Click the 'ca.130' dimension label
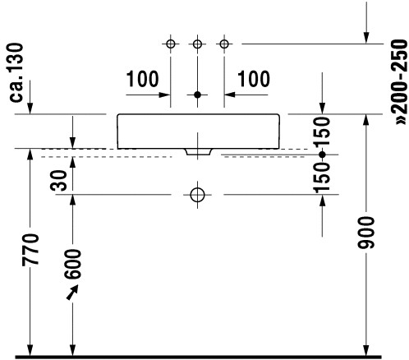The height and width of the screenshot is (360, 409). [x=16, y=72]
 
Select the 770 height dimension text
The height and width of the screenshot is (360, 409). [x=30, y=250]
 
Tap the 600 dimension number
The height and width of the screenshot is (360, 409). [x=73, y=265]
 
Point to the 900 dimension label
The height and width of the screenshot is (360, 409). [x=366, y=233]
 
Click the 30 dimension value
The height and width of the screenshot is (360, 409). [x=58, y=181]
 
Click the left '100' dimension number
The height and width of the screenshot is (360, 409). [x=142, y=79]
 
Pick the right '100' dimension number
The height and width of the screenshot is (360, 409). [x=254, y=79]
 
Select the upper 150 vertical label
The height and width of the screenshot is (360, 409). [x=322, y=133]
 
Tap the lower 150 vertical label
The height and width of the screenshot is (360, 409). [x=322, y=178]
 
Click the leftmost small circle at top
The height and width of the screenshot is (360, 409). [x=171, y=44]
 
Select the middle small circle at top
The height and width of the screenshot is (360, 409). [x=197, y=44]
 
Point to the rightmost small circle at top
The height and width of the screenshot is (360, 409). [x=224, y=44]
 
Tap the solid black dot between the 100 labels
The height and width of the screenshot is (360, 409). [x=197, y=95]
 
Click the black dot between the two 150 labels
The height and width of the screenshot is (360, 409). [x=322, y=155]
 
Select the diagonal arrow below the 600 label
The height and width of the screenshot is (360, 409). [x=72, y=292]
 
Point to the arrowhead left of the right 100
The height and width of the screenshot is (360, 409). [x=229, y=95]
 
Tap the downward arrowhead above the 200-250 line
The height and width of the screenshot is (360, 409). [x=366, y=38]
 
